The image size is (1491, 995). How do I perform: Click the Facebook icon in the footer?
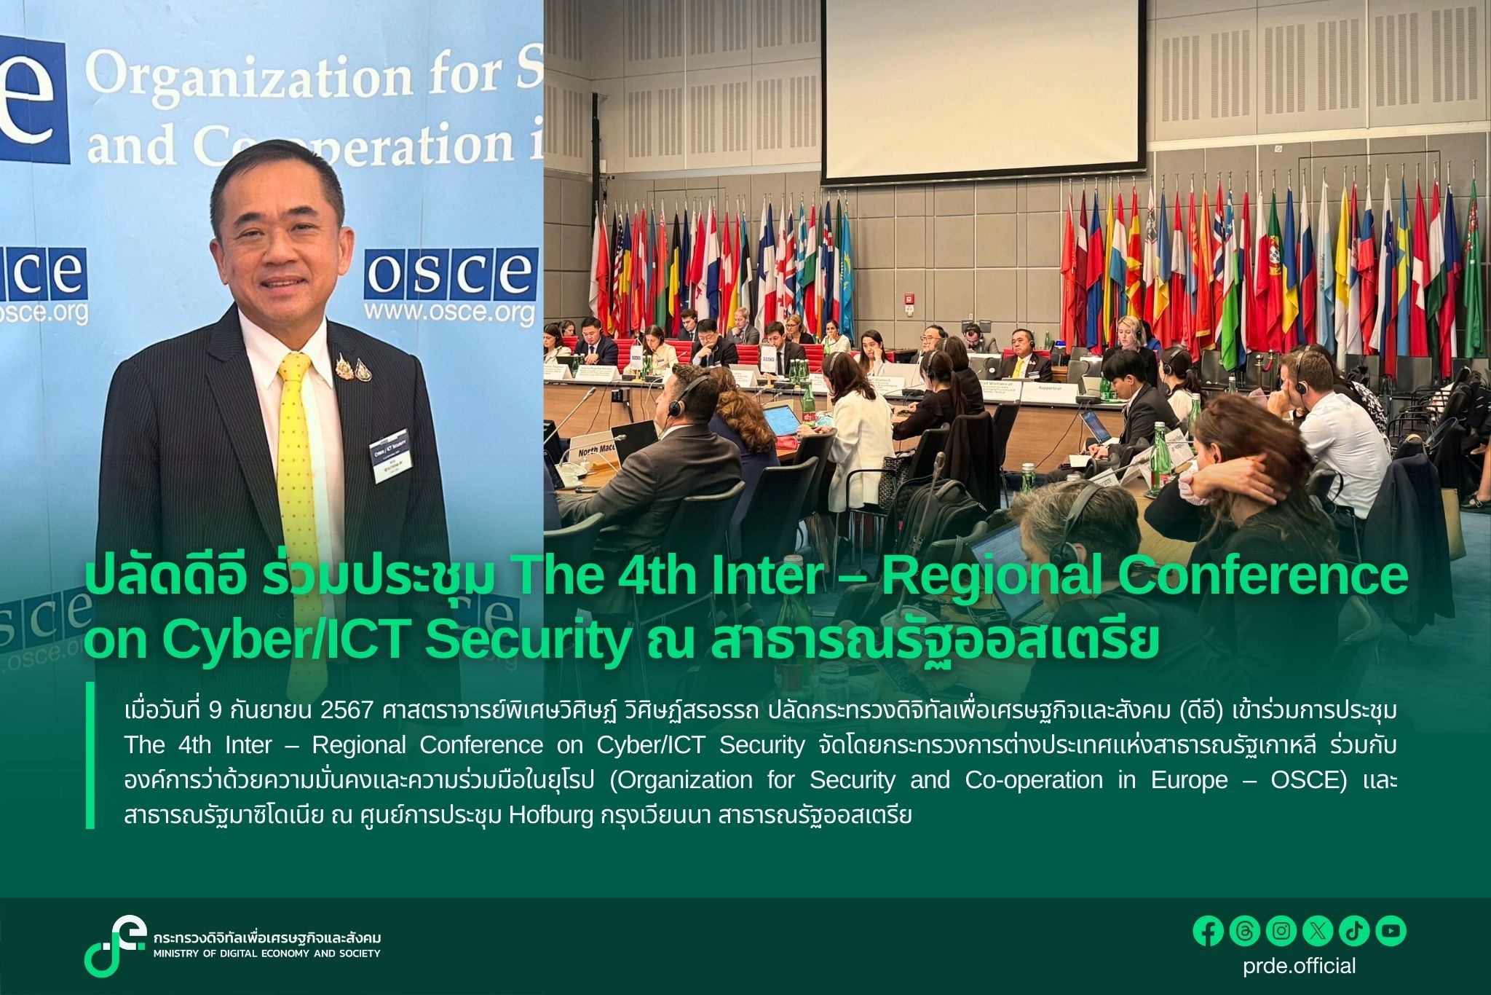click(1208, 931)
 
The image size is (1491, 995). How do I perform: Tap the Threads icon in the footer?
click(1244, 931)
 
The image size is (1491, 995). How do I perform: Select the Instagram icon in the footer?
click(1281, 931)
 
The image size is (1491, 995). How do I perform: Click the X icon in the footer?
click(1318, 931)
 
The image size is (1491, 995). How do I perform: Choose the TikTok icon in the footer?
click(1354, 931)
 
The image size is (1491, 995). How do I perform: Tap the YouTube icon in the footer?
click(1391, 931)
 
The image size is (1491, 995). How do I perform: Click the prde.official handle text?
click(1299, 966)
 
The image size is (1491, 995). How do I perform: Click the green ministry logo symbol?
click(114, 945)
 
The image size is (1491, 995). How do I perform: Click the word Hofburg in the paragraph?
click(551, 814)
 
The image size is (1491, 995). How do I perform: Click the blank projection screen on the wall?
click(983, 87)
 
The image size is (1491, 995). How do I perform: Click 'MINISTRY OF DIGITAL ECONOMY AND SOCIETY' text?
click(266, 953)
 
